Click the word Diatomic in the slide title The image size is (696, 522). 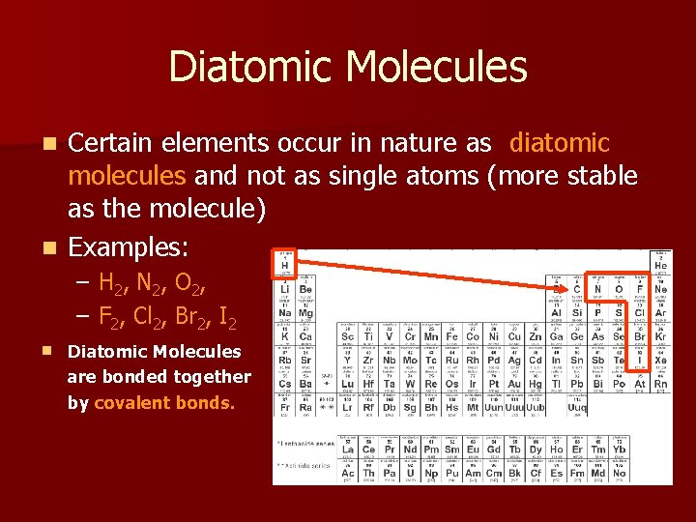point(250,67)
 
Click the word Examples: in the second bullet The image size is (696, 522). point(128,247)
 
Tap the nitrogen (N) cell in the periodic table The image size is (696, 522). point(598,287)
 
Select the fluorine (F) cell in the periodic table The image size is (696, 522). point(640,287)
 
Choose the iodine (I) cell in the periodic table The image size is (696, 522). point(640,360)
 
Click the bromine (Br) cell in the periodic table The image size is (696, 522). point(640,335)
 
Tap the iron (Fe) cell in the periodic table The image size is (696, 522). point(451,335)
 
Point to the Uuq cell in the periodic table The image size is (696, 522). point(577,407)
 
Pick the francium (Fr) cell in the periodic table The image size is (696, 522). point(285,407)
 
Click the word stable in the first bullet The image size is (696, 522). point(596,176)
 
